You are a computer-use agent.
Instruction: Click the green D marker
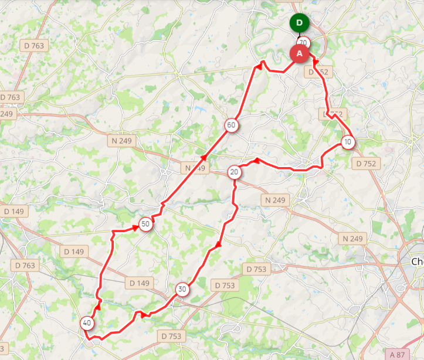[300, 23]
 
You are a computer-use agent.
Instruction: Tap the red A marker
[300, 53]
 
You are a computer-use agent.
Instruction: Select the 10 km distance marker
[348, 142]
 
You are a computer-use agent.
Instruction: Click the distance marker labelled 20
[235, 172]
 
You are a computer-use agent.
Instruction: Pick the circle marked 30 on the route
[182, 289]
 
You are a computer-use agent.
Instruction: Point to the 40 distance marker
[87, 322]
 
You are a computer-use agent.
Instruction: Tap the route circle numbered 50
[145, 223]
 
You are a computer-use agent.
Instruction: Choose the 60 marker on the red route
[231, 125]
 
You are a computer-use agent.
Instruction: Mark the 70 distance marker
[303, 42]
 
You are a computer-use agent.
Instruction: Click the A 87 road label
[396, 354]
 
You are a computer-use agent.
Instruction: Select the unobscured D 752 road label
[365, 164]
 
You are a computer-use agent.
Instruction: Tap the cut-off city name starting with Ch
[417, 261]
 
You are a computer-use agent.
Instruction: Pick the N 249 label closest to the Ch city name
[352, 239]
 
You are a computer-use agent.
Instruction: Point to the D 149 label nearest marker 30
[140, 283]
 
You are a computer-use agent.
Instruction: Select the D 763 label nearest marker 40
[25, 266]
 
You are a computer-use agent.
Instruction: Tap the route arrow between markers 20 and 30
[219, 244]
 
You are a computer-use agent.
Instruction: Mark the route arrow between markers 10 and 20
[256, 160]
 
